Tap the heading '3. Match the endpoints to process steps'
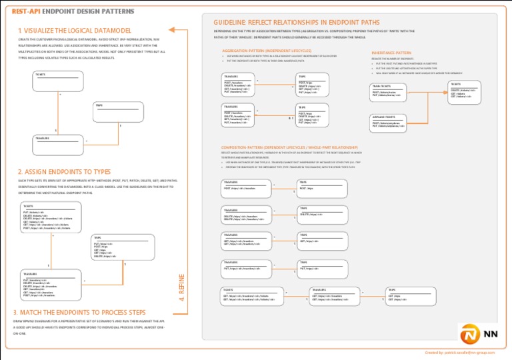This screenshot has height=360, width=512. [79, 312]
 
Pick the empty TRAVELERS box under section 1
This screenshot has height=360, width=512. [60, 144]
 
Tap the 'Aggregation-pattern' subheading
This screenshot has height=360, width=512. [266, 50]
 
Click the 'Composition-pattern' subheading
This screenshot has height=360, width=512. [289, 147]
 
